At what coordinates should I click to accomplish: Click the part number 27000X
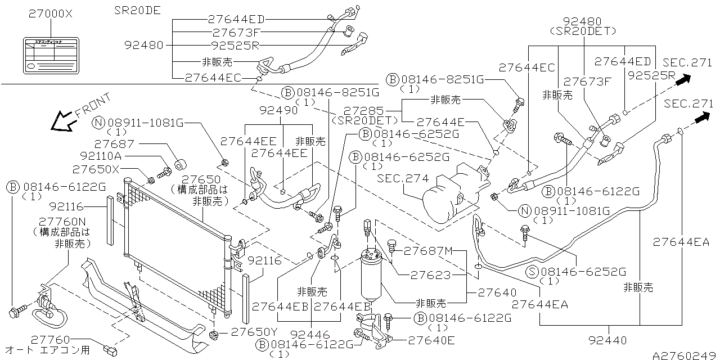click(x=50, y=15)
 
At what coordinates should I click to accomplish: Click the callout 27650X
click(x=96, y=169)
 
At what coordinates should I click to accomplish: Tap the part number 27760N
click(x=62, y=221)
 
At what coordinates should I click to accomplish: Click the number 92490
click(x=279, y=111)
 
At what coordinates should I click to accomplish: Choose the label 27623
click(x=430, y=275)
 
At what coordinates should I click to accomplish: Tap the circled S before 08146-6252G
click(x=532, y=272)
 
